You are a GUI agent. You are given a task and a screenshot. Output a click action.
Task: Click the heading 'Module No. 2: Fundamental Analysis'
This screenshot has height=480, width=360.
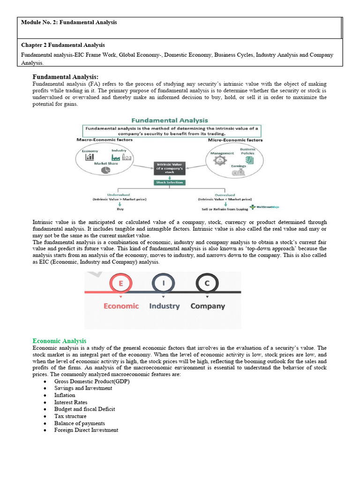69,22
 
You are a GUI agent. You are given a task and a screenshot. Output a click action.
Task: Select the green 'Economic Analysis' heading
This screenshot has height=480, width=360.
60,341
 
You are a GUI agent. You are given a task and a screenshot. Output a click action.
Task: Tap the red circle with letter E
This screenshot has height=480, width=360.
121,283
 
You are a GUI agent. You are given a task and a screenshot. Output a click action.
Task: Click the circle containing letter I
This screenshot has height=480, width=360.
163,283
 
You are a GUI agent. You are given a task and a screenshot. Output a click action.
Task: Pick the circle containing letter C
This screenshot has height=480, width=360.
207,283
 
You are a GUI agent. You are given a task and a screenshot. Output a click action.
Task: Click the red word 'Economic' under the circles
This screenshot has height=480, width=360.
121,306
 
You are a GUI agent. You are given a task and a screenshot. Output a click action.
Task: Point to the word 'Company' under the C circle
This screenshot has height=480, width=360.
207,306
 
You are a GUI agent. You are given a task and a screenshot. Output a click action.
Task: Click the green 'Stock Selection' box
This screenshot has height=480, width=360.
169,182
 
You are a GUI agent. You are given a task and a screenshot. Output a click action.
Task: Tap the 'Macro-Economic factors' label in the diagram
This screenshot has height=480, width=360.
105,140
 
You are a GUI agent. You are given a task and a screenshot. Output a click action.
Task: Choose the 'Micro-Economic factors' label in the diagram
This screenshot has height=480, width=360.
235,140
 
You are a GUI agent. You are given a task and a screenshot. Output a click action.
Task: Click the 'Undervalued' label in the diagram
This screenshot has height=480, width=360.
119,194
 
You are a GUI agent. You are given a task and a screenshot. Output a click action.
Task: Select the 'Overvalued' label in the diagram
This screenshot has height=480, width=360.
225,194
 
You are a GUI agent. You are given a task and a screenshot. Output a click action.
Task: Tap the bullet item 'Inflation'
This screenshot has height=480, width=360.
65,395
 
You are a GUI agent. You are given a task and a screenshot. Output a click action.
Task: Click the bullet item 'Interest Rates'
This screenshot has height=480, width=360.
71,402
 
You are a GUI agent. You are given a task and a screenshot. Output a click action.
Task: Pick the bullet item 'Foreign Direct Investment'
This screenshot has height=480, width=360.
86,430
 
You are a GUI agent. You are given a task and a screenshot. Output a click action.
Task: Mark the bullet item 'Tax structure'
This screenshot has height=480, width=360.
70,416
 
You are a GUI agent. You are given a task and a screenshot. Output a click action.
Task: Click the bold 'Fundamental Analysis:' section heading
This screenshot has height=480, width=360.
65,77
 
